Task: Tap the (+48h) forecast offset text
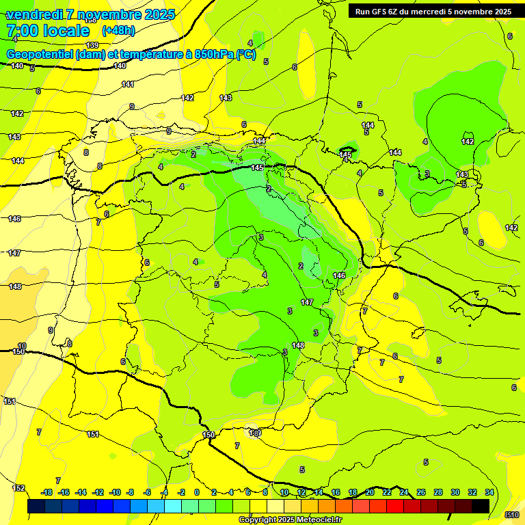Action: point(118,30)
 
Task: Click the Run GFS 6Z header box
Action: point(431,11)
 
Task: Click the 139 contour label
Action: point(92,45)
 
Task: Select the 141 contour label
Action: point(128,84)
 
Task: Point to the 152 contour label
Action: point(19,488)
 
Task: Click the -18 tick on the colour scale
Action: point(46,492)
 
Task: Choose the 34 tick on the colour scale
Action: point(489,492)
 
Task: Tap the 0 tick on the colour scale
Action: point(197,492)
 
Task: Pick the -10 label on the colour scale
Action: point(115,492)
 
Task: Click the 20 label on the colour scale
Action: point(370,492)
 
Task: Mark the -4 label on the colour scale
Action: point(164,492)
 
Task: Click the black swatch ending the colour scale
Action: point(481,506)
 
